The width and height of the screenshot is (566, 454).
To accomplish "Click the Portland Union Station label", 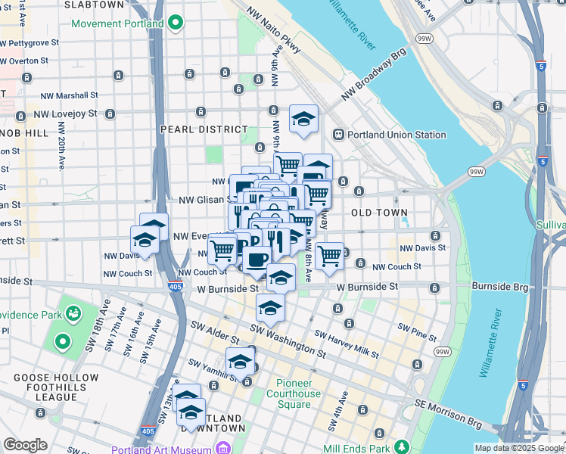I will pos(397,135).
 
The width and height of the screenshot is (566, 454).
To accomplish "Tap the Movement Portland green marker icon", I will pos(176,23).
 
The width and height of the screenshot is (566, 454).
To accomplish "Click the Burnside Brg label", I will pos(502,287).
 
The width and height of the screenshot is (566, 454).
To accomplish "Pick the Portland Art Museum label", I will pos(161,449).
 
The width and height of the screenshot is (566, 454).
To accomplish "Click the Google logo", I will pos(25,445).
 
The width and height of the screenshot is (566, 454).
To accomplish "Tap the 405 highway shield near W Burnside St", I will pos(175,287).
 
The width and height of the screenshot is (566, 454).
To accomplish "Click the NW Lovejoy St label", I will pos(66,114).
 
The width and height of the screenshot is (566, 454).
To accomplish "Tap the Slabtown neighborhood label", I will pos(94,5).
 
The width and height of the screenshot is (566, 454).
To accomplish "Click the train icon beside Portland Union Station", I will pos(337,135).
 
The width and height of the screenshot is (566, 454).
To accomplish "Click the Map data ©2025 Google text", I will pos(518,448).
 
